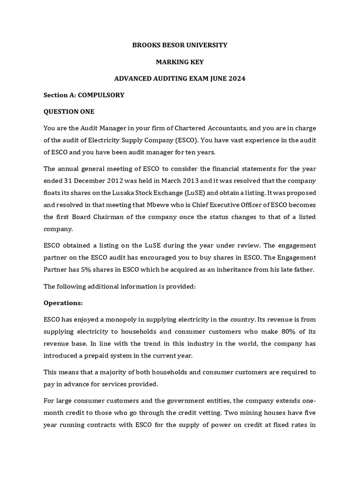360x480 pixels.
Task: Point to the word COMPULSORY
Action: point(101,95)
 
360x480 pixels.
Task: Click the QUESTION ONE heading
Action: point(69,112)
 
